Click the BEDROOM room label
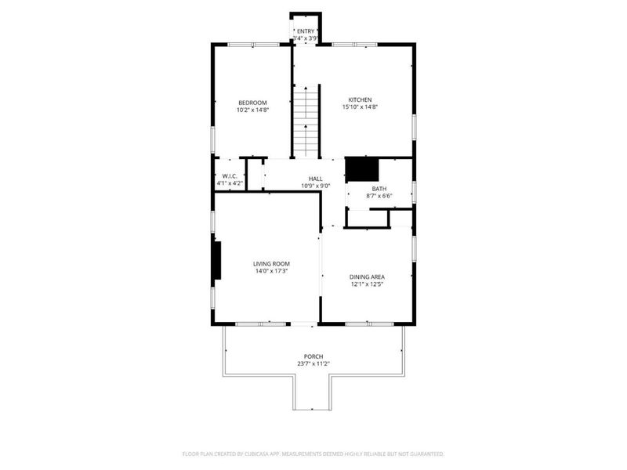(252, 103)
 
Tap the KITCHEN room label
(360, 99)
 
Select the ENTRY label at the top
(305, 31)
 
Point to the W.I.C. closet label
(230, 175)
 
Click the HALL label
(315, 179)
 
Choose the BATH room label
(379, 189)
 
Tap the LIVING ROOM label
(271, 264)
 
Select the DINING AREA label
(367, 277)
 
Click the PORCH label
(313, 356)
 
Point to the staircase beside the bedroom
(306, 121)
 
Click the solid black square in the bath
(362, 168)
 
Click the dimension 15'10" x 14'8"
(360, 107)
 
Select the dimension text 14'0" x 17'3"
(271, 271)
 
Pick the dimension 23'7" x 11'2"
(313, 363)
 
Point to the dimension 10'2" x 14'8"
(252, 110)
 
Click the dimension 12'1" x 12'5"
(367, 284)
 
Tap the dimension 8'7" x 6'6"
(379, 196)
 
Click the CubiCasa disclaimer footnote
(313, 454)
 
